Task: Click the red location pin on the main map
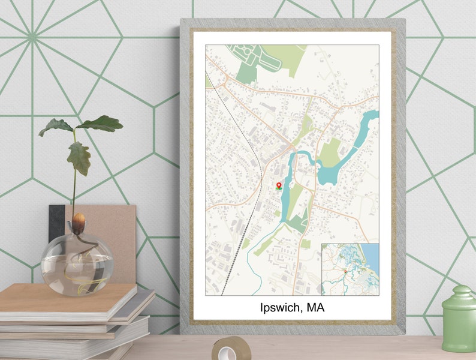click(279, 185)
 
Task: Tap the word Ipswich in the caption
click(281, 308)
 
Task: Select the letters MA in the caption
click(317, 308)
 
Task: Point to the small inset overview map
click(350, 269)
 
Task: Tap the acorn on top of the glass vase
click(78, 220)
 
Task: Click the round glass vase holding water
click(77, 264)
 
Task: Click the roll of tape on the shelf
click(231, 347)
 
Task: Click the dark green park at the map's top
click(247, 73)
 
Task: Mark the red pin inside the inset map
click(345, 272)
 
